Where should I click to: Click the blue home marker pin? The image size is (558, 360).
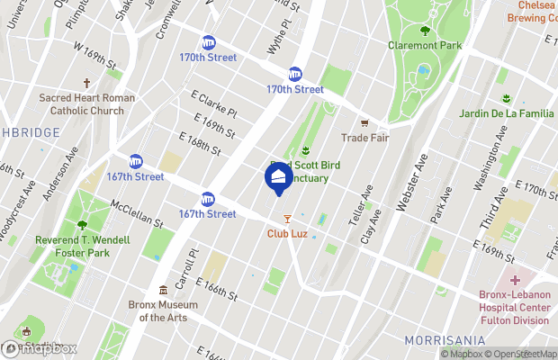point(278,176)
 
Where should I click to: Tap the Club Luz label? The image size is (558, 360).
point(288,234)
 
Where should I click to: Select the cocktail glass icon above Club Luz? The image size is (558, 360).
point(288,219)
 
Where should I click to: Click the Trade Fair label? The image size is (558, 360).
point(364,138)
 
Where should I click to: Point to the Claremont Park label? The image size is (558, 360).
point(424,45)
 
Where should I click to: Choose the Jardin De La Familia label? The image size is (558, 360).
point(507,112)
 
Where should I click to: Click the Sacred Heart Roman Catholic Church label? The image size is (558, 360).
point(86,103)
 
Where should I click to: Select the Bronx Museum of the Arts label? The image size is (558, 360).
point(163,310)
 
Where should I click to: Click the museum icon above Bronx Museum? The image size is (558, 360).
point(163,291)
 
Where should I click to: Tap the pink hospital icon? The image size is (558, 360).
point(516,282)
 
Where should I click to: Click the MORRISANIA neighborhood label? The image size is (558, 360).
point(445,340)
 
